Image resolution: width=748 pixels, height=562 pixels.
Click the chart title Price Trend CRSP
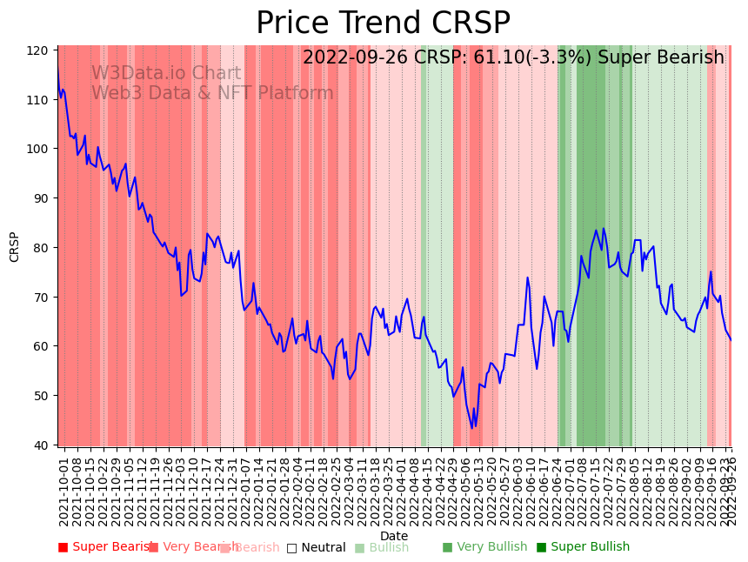(383, 23)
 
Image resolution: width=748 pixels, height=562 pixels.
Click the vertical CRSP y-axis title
(15, 247)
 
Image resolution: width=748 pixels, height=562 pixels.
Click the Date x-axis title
(393, 536)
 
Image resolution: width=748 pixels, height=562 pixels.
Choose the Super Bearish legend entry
(106, 547)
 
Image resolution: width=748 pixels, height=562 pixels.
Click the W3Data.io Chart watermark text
(166, 74)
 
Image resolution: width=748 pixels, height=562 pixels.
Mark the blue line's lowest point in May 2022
(472, 427)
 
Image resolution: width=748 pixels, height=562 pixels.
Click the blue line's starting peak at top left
(58, 70)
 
